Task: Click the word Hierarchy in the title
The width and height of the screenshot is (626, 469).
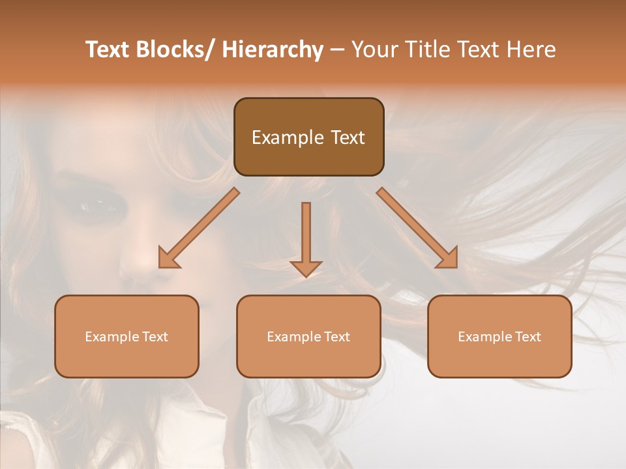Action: click(273, 50)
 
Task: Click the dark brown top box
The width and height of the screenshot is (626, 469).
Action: click(308, 137)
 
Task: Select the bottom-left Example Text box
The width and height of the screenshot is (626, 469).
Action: click(127, 336)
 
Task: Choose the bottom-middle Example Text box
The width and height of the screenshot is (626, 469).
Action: click(308, 336)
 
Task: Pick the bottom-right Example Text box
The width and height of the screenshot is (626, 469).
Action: click(499, 336)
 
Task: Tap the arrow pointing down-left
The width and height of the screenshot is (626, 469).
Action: click(199, 228)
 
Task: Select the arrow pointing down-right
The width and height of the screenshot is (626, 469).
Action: click(417, 228)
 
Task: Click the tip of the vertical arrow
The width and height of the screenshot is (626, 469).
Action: click(306, 276)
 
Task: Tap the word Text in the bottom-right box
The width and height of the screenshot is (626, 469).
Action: click(528, 337)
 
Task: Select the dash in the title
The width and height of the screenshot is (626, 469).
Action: click(337, 50)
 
